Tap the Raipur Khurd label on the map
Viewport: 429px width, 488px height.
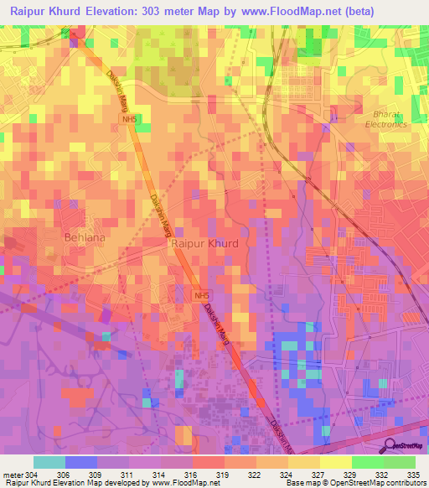point(204,243)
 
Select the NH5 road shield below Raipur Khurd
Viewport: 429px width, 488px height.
point(200,296)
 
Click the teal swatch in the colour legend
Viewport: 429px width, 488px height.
point(49,462)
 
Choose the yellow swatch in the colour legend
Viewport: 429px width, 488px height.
point(335,462)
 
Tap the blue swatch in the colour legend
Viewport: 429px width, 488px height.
point(80,462)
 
